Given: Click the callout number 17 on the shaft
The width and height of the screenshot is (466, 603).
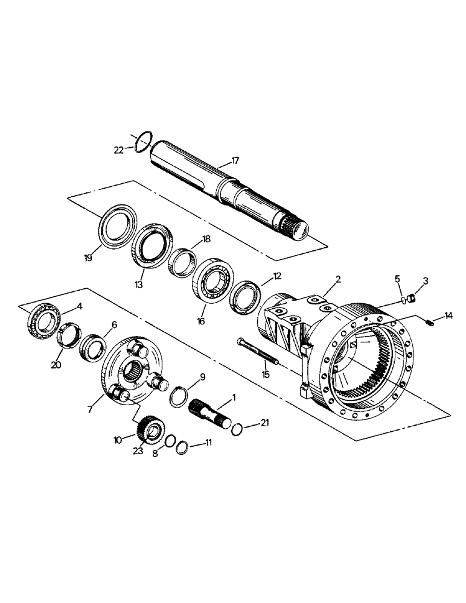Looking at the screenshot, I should tap(235, 161).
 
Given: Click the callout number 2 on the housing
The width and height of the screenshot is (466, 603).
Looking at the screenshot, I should tap(339, 280).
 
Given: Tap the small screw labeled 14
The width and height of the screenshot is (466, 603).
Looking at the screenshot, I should tap(430, 324).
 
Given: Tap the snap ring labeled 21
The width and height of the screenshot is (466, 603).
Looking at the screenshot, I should tap(237, 428).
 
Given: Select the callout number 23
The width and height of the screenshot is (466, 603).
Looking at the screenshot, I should tap(138, 450).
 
